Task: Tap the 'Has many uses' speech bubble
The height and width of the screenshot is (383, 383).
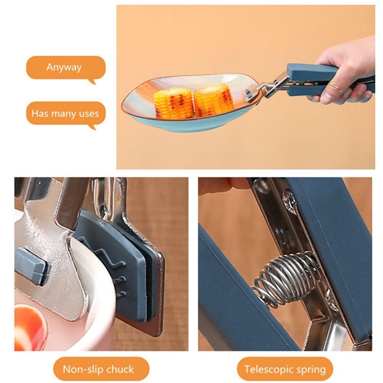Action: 65,113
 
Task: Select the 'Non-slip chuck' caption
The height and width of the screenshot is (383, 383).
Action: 98,369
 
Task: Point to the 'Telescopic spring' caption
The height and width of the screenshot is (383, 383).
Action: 285,369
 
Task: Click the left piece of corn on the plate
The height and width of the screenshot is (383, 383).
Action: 173,103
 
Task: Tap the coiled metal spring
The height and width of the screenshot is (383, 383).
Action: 285,278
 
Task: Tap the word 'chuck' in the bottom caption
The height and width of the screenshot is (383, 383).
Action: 119,370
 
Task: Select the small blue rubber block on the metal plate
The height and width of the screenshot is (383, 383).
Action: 31,266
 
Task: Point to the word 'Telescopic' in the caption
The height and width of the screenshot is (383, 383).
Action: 269,369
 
